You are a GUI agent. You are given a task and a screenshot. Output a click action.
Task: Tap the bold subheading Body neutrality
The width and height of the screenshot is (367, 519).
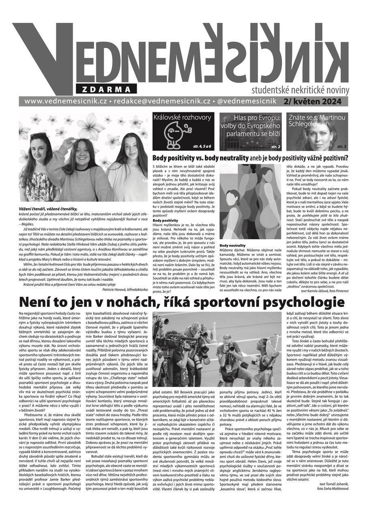(x=233, y=246)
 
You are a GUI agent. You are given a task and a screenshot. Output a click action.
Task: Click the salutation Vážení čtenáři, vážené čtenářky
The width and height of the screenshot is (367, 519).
(x=48, y=208)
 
